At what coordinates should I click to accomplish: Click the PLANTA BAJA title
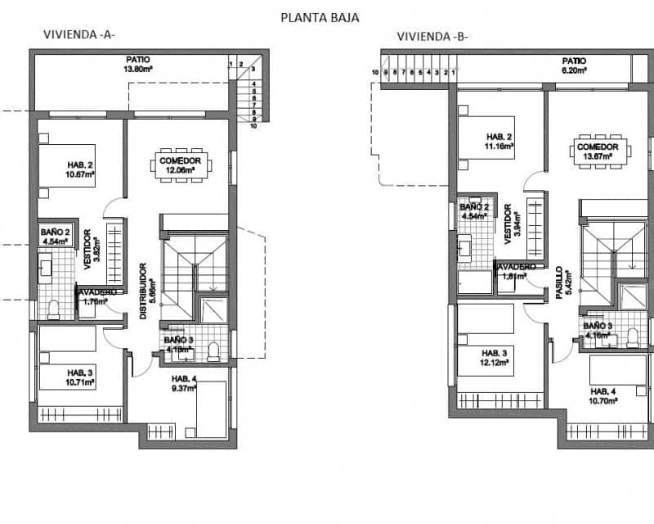pyautogui.click(x=319, y=16)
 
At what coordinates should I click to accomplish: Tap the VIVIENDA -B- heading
pyautogui.click(x=432, y=36)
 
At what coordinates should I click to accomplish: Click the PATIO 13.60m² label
pyautogui.click(x=138, y=65)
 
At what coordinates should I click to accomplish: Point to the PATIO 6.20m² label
pyautogui.click(x=574, y=66)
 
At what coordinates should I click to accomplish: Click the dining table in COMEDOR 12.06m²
pyautogui.click(x=181, y=165)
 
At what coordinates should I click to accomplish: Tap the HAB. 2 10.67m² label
pyautogui.click(x=82, y=169)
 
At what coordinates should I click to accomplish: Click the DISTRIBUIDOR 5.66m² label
pyautogui.click(x=146, y=291)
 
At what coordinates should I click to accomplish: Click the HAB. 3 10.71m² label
pyautogui.click(x=80, y=377)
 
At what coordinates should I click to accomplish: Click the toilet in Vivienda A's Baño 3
pyautogui.click(x=214, y=350)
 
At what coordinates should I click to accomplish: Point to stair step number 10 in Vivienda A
pyautogui.click(x=253, y=126)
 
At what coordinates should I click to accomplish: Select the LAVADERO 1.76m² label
pyautogui.click(x=98, y=296)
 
